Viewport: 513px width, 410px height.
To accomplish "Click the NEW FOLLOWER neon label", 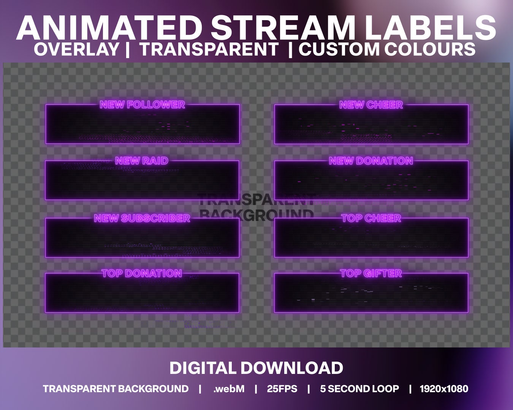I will point(142,104).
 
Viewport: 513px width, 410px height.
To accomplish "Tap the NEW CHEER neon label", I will point(371,105).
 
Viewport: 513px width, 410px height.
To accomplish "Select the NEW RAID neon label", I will point(142,161).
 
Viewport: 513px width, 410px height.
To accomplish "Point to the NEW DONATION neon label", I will point(371,161).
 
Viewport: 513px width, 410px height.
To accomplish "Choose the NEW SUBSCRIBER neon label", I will point(142,218).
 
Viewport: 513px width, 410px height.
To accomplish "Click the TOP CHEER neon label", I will point(371,218).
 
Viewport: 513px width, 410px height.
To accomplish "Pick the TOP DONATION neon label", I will point(142,273).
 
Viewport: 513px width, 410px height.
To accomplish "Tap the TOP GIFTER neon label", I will point(371,273).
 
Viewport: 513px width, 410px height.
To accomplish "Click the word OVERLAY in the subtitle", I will point(76,50).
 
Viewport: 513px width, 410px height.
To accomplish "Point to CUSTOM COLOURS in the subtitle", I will point(387,50).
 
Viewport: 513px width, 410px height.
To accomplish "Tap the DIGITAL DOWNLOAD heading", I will point(256,368).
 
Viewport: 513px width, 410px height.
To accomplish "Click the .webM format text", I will point(229,389).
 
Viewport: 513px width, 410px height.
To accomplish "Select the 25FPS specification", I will point(282,389).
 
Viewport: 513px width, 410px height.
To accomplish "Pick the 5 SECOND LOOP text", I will point(359,389).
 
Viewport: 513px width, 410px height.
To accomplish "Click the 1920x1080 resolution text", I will point(444,389).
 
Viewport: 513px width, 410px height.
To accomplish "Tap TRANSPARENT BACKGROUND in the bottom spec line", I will point(116,389).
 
